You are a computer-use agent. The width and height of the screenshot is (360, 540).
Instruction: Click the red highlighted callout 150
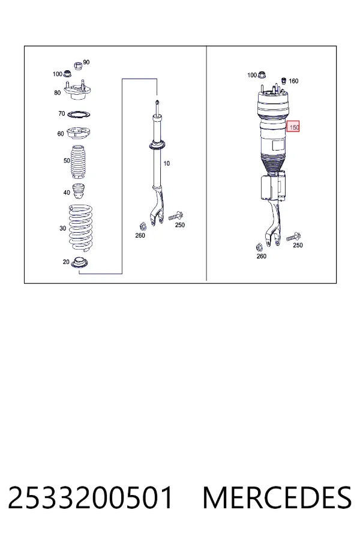tap(293, 127)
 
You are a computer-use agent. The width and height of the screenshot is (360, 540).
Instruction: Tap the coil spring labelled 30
tap(80, 228)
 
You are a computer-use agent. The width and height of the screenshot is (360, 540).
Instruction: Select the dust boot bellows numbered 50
tap(79, 163)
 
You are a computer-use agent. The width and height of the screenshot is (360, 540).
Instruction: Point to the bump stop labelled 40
tap(79, 192)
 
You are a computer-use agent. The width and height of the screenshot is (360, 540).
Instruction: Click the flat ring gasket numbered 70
tap(79, 114)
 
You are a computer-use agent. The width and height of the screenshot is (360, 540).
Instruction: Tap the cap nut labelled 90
tap(79, 65)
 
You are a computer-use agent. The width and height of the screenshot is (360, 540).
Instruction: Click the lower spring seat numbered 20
tap(80, 263)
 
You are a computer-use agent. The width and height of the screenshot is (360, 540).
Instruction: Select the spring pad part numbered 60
tap(79, 133)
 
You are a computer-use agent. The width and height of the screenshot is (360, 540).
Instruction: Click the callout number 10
tap(166, 163)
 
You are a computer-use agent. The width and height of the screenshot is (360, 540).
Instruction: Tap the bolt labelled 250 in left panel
tap(176, 216)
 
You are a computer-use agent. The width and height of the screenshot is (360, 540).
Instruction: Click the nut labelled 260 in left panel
tap(143, 227)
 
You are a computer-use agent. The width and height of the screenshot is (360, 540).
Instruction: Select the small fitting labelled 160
tap(284, 81)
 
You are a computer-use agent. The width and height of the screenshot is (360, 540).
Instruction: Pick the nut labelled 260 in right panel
tap(260, 247)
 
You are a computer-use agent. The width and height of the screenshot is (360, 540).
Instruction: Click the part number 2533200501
tap(90, 497)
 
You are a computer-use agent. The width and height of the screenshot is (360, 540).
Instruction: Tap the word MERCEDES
tap(277, 497)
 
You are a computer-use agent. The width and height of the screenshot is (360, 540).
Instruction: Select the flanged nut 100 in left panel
tap(68, 73)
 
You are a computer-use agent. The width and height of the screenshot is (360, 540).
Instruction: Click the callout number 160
tap(293, 81)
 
